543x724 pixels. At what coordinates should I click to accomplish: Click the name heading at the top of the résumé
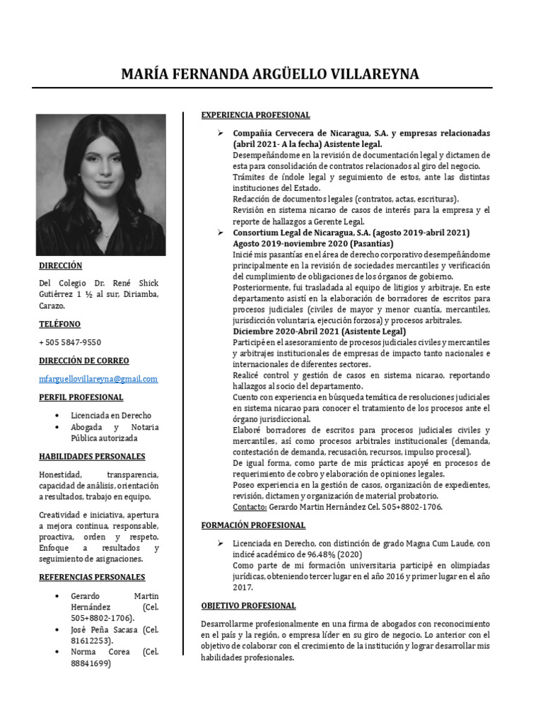tap(270, 74)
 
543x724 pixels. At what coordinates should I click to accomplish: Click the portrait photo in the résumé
tap(101, 185)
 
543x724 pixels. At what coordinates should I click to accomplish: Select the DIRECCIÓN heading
tap(61, 266)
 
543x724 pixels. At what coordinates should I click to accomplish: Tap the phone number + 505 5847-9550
tap(70, 342)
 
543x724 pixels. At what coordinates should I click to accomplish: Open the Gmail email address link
tap(98, 379)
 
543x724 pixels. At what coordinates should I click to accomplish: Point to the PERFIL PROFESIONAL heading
tap(81, 397)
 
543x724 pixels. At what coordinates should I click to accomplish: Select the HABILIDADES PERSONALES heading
tap(92, 457)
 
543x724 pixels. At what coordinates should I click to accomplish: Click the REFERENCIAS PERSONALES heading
tap(92, 577)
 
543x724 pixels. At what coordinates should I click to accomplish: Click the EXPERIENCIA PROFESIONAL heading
tap(255, 115)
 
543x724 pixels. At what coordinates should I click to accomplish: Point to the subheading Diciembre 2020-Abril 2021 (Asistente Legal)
tap(319, 331)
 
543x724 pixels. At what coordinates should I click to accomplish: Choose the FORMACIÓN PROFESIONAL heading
tap(253, 525)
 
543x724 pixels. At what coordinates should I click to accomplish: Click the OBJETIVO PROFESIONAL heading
tap(248, 606)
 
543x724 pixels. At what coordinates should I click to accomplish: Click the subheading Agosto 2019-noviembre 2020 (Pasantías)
tap(313, 243)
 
